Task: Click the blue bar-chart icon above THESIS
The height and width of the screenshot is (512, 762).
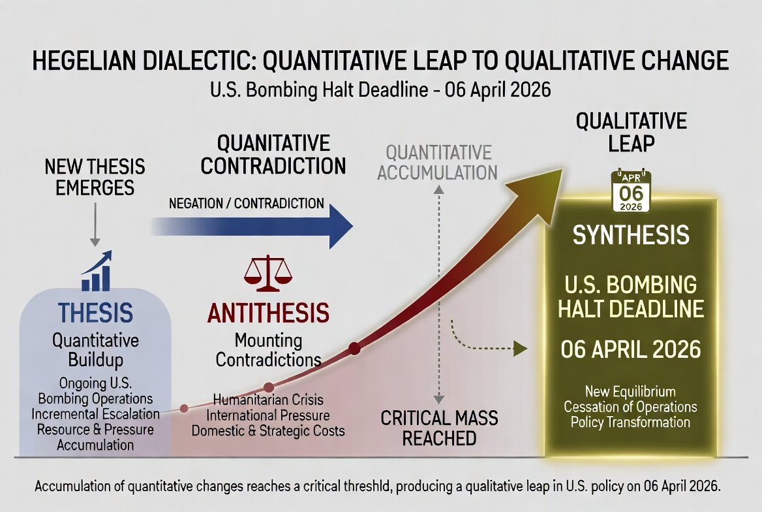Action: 97,271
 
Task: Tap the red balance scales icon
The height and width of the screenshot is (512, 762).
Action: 267,274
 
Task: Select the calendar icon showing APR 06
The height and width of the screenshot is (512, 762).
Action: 631,191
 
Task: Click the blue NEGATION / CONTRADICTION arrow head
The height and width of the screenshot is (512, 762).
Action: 341,227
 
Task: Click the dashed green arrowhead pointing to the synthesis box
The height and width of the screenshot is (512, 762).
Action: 521,349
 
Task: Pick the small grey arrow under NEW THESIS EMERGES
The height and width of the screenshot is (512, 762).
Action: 95,225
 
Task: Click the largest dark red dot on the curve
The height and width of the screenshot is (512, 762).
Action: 354,348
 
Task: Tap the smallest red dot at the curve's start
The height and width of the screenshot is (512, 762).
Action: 184,408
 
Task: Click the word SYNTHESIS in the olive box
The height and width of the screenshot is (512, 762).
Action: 631,235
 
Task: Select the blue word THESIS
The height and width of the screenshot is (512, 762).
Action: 95,312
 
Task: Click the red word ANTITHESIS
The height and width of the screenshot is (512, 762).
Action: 268,312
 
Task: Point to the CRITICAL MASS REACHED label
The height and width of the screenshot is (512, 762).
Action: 439,428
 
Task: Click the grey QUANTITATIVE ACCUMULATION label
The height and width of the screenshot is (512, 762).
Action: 437,163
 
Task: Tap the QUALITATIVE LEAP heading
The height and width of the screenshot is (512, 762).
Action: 632,133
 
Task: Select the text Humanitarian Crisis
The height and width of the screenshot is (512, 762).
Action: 268,400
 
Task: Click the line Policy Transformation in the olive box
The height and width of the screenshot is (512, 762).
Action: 630,422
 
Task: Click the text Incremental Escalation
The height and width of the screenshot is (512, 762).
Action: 96,414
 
